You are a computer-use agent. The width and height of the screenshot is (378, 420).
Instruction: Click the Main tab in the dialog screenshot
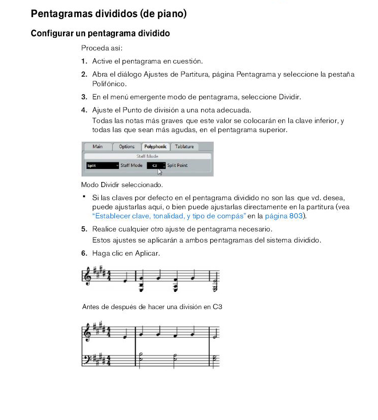pyautogui.click(x=97, y=147)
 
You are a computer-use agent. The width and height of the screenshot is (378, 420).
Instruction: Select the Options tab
pyautogui.click(x=127, y=147)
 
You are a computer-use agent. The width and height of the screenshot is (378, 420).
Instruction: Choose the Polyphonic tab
pyautogui.click(x=155, y=147)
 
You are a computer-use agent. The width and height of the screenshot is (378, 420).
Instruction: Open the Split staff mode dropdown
pyautogui.click(x=102, y=165)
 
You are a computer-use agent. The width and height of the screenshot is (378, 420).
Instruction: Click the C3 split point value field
pyautogui.click(x=155, y=165)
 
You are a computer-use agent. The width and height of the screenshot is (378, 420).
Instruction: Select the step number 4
pyautogui.click(x=84, y=109)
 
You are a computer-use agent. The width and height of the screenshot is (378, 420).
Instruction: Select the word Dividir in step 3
pyautogui.click(x=289, y=97)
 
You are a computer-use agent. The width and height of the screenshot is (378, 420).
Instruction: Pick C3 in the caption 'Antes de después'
pyautogui.click(x=217, y=306)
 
